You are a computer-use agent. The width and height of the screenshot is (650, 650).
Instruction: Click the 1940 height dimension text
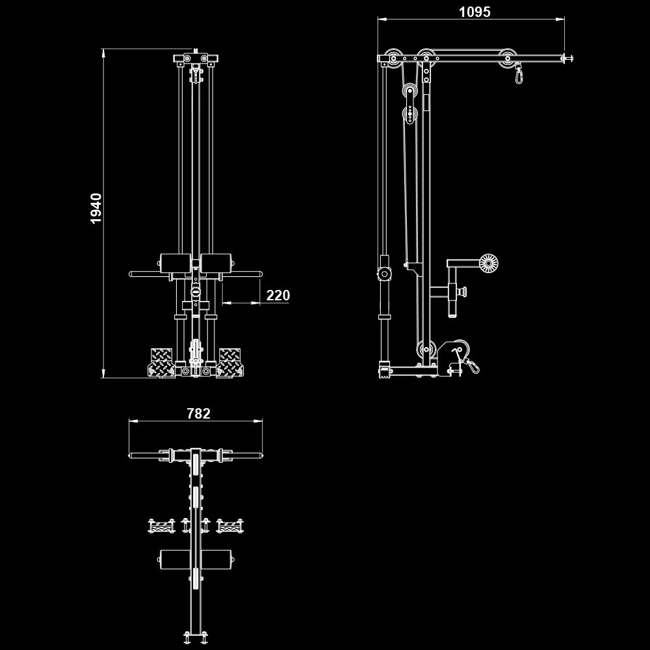pos(96,208)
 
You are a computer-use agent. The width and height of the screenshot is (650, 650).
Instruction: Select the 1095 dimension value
pos(474,12)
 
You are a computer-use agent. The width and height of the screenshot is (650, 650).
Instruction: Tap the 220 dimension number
pos(278,296)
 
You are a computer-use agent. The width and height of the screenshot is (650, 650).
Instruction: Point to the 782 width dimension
pos(198,413)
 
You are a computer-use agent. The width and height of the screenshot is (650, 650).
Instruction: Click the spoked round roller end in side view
pos(489,263)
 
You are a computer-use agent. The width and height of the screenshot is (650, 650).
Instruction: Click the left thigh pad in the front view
pos(175,264)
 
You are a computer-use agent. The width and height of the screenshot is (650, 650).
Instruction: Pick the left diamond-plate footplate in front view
pos(162,362)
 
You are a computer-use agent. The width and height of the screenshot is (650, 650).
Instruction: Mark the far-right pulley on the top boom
pos(507,57)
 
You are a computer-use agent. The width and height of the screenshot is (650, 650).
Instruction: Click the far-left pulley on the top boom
pos(393,57)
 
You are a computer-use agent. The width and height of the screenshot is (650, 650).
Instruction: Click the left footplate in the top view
pos(162,525)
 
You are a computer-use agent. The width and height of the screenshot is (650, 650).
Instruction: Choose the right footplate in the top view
pos(229,525)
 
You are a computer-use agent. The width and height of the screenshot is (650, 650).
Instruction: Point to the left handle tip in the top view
pos(131,455)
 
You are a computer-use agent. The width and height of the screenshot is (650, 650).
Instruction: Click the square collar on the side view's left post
pos(385,274)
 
